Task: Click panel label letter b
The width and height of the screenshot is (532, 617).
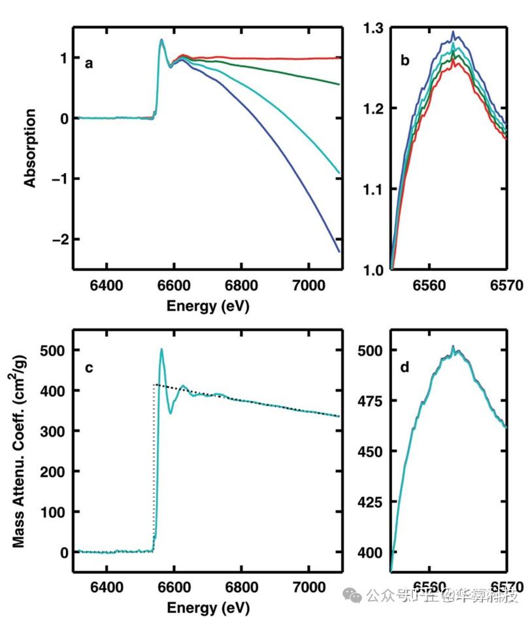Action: [405, 61]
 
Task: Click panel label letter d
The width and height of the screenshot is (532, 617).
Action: [405, 367]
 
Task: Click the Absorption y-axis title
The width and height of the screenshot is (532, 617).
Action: [30, 148]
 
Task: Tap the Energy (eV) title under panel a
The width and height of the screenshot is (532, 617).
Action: [208, 305]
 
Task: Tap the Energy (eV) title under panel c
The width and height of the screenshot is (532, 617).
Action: [208, 608]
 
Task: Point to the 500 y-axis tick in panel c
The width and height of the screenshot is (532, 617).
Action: [50, 351]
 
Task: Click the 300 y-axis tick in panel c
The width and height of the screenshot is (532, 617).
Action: [50, 432]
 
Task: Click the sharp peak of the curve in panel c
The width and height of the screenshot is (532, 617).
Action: [161, 349]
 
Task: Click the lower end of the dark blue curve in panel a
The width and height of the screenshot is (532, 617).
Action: [339, 251]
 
